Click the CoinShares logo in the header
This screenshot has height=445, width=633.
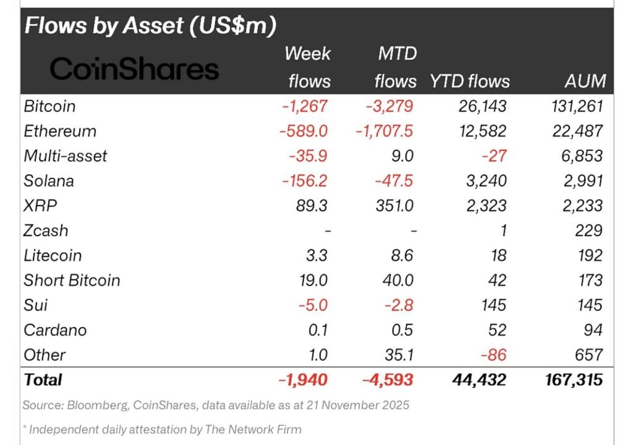134,69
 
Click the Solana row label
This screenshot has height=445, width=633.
49,181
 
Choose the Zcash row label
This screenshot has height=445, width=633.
46,231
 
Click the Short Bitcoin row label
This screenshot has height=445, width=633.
72,280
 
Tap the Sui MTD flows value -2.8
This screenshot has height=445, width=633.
397,305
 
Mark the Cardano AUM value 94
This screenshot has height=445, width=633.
593,330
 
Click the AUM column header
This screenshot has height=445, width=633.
585,81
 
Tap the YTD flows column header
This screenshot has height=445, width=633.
470,81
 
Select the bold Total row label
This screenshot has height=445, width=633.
43,379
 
